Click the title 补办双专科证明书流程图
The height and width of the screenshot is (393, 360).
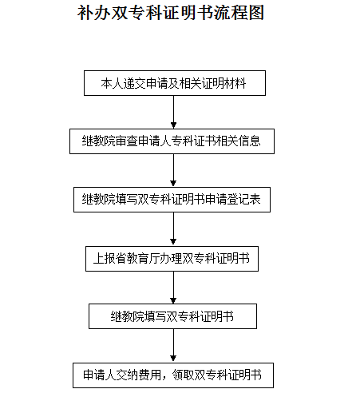pyautogui.click(x=171, y=13)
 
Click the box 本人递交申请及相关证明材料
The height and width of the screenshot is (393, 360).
pyautogui.click(x=175, y=83)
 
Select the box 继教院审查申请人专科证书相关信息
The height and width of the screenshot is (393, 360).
pyautogui.click(x=172, y=141)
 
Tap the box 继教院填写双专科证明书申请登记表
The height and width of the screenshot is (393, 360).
pyautogui.click(x=172, y=200)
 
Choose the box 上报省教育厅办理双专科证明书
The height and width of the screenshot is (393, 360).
pyautogui.click(x=172, y=259)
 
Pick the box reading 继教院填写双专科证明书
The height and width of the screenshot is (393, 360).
pyautogui.click(x=172, y=316)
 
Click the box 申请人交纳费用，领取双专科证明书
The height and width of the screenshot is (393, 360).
pyautogui.click(x=173, y=375)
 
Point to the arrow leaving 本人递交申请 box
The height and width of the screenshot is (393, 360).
pyautogui.click(x=173, y=112)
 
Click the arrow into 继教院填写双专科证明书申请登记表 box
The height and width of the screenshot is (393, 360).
pyautogui.click(x=173, y=170)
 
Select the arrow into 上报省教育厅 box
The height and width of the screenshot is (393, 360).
pyautogui.click(x=173, y=229)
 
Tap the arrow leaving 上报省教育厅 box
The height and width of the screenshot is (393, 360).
pyautogui.click(x=173, y=288)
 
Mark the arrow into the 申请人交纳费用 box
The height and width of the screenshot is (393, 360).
pyautogui.click(x=173, y=346)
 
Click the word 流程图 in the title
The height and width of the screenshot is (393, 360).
pyautogui.click(x=239, y=13)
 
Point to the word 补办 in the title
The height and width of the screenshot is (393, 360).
pyautogui.click(x=94, y=13)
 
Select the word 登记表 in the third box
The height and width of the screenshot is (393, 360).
pyautogui.click(x=243, y=200)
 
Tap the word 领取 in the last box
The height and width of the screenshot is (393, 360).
pyautogui.click(x=184, y=375)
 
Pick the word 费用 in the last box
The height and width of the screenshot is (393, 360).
pyautogui.click(x=150, y=375)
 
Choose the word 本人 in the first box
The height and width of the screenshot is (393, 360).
pyautogui.click(x=112, y=83)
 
